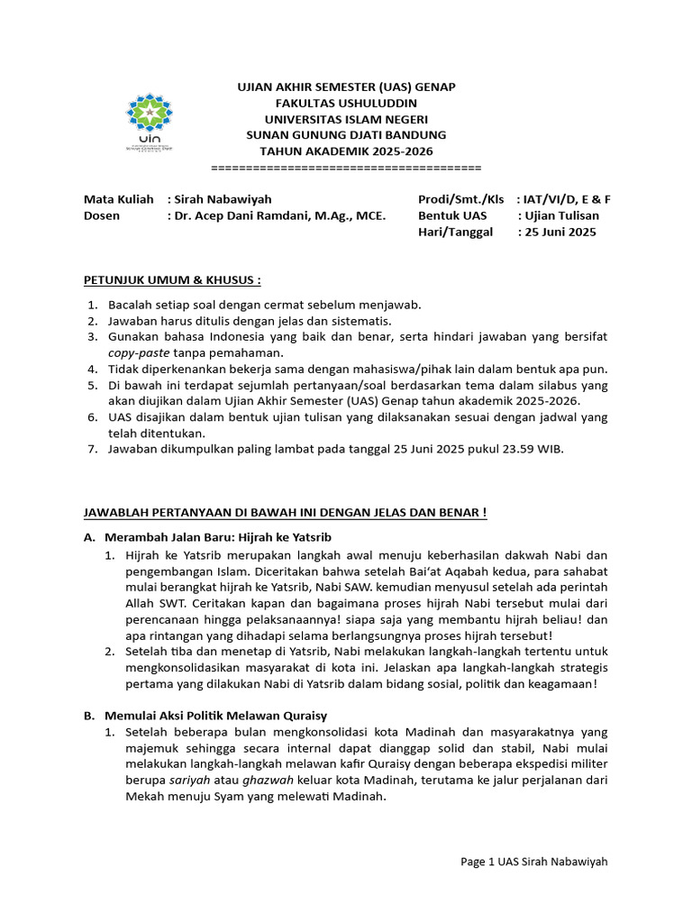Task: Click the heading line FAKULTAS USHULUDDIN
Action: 346,103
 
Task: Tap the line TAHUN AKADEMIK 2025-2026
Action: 346,151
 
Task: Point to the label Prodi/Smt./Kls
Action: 460,199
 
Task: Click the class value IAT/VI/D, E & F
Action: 570,199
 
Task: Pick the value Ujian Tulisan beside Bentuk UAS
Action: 564,215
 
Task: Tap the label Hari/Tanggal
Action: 455,232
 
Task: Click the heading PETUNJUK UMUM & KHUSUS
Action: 172,279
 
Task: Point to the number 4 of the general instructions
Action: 92,369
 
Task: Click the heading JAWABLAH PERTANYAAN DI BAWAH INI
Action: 285,513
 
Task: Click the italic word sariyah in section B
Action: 170,781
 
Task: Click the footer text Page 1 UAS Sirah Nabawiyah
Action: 533,862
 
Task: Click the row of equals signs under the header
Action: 346,168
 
